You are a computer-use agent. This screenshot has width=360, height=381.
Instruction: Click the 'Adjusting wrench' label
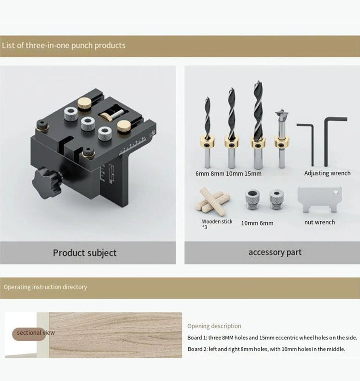click(327, 173)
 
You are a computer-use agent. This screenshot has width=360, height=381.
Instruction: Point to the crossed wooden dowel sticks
click(213, 201)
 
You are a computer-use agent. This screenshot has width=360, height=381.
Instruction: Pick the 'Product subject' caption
click(84, 253)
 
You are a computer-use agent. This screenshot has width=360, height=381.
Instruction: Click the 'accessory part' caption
click(275, 252)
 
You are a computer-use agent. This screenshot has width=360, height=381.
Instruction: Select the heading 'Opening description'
click(214, 326)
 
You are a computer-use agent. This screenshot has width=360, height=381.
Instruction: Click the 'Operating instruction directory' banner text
click(45, 287)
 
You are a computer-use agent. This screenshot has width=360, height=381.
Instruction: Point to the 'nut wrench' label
click(319, 222)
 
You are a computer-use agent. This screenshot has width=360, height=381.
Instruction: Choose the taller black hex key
click(335, 142)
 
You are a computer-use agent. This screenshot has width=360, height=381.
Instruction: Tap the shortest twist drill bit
click(207, 133)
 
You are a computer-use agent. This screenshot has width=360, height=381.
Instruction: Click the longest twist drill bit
click(258, 125)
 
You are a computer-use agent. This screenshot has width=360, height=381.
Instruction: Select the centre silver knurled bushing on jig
click(88, 123)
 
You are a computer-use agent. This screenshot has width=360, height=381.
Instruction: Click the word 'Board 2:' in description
click(197, 349)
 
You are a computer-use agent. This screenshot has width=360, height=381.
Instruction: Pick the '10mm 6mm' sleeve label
click(257, 223)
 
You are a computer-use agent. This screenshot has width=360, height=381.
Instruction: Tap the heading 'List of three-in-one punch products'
click(64, 45)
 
